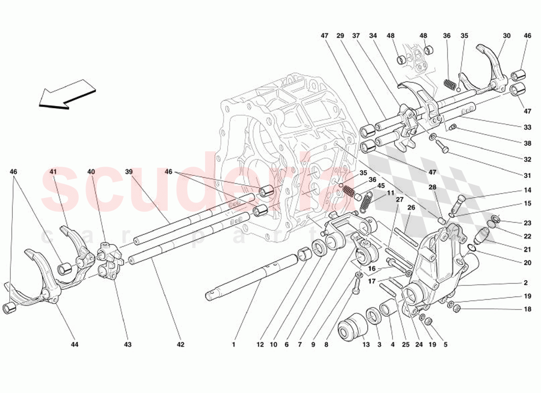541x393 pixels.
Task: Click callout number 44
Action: click(x=74, y=345)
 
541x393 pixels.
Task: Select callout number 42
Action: click(x=180, y=345)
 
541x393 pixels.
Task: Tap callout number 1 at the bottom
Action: click(x=234, y=345)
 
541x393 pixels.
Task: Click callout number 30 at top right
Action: click(x=507, y=35)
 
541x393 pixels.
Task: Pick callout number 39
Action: click(x=129, y=172)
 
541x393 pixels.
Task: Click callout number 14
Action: click(x=527, y=190)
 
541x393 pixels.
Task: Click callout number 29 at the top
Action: click(x=340, y=35)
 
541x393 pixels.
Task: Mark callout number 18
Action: click(x=527, y=309)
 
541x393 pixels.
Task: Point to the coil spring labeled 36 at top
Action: click(x=448, y=84)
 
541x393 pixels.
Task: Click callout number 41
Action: click(x=53, y=172)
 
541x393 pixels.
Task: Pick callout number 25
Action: click(x=406, y=345)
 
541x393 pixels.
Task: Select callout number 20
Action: click(x=527, y=263)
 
